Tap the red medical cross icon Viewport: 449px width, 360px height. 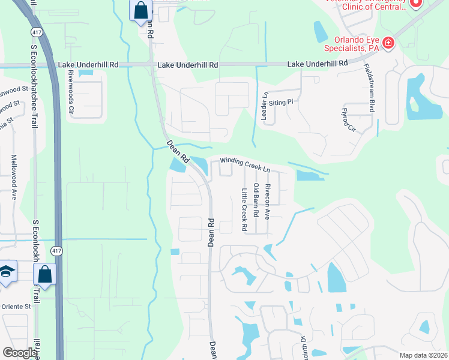coord(388,43)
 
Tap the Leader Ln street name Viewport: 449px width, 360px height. coord(264,106)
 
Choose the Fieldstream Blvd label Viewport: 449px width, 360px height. coord(371,88)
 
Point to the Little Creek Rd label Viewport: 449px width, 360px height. coord(244,210)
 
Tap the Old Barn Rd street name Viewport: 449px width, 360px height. coord(256,200)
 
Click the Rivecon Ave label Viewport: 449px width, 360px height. coord(268,201)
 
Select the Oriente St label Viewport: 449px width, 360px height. coord(16,306)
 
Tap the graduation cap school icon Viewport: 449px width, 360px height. coord(7,272)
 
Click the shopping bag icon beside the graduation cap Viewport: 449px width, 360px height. coord(44,275)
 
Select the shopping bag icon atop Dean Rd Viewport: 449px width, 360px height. coord(140,10)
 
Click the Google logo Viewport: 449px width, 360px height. coord(20,353)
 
